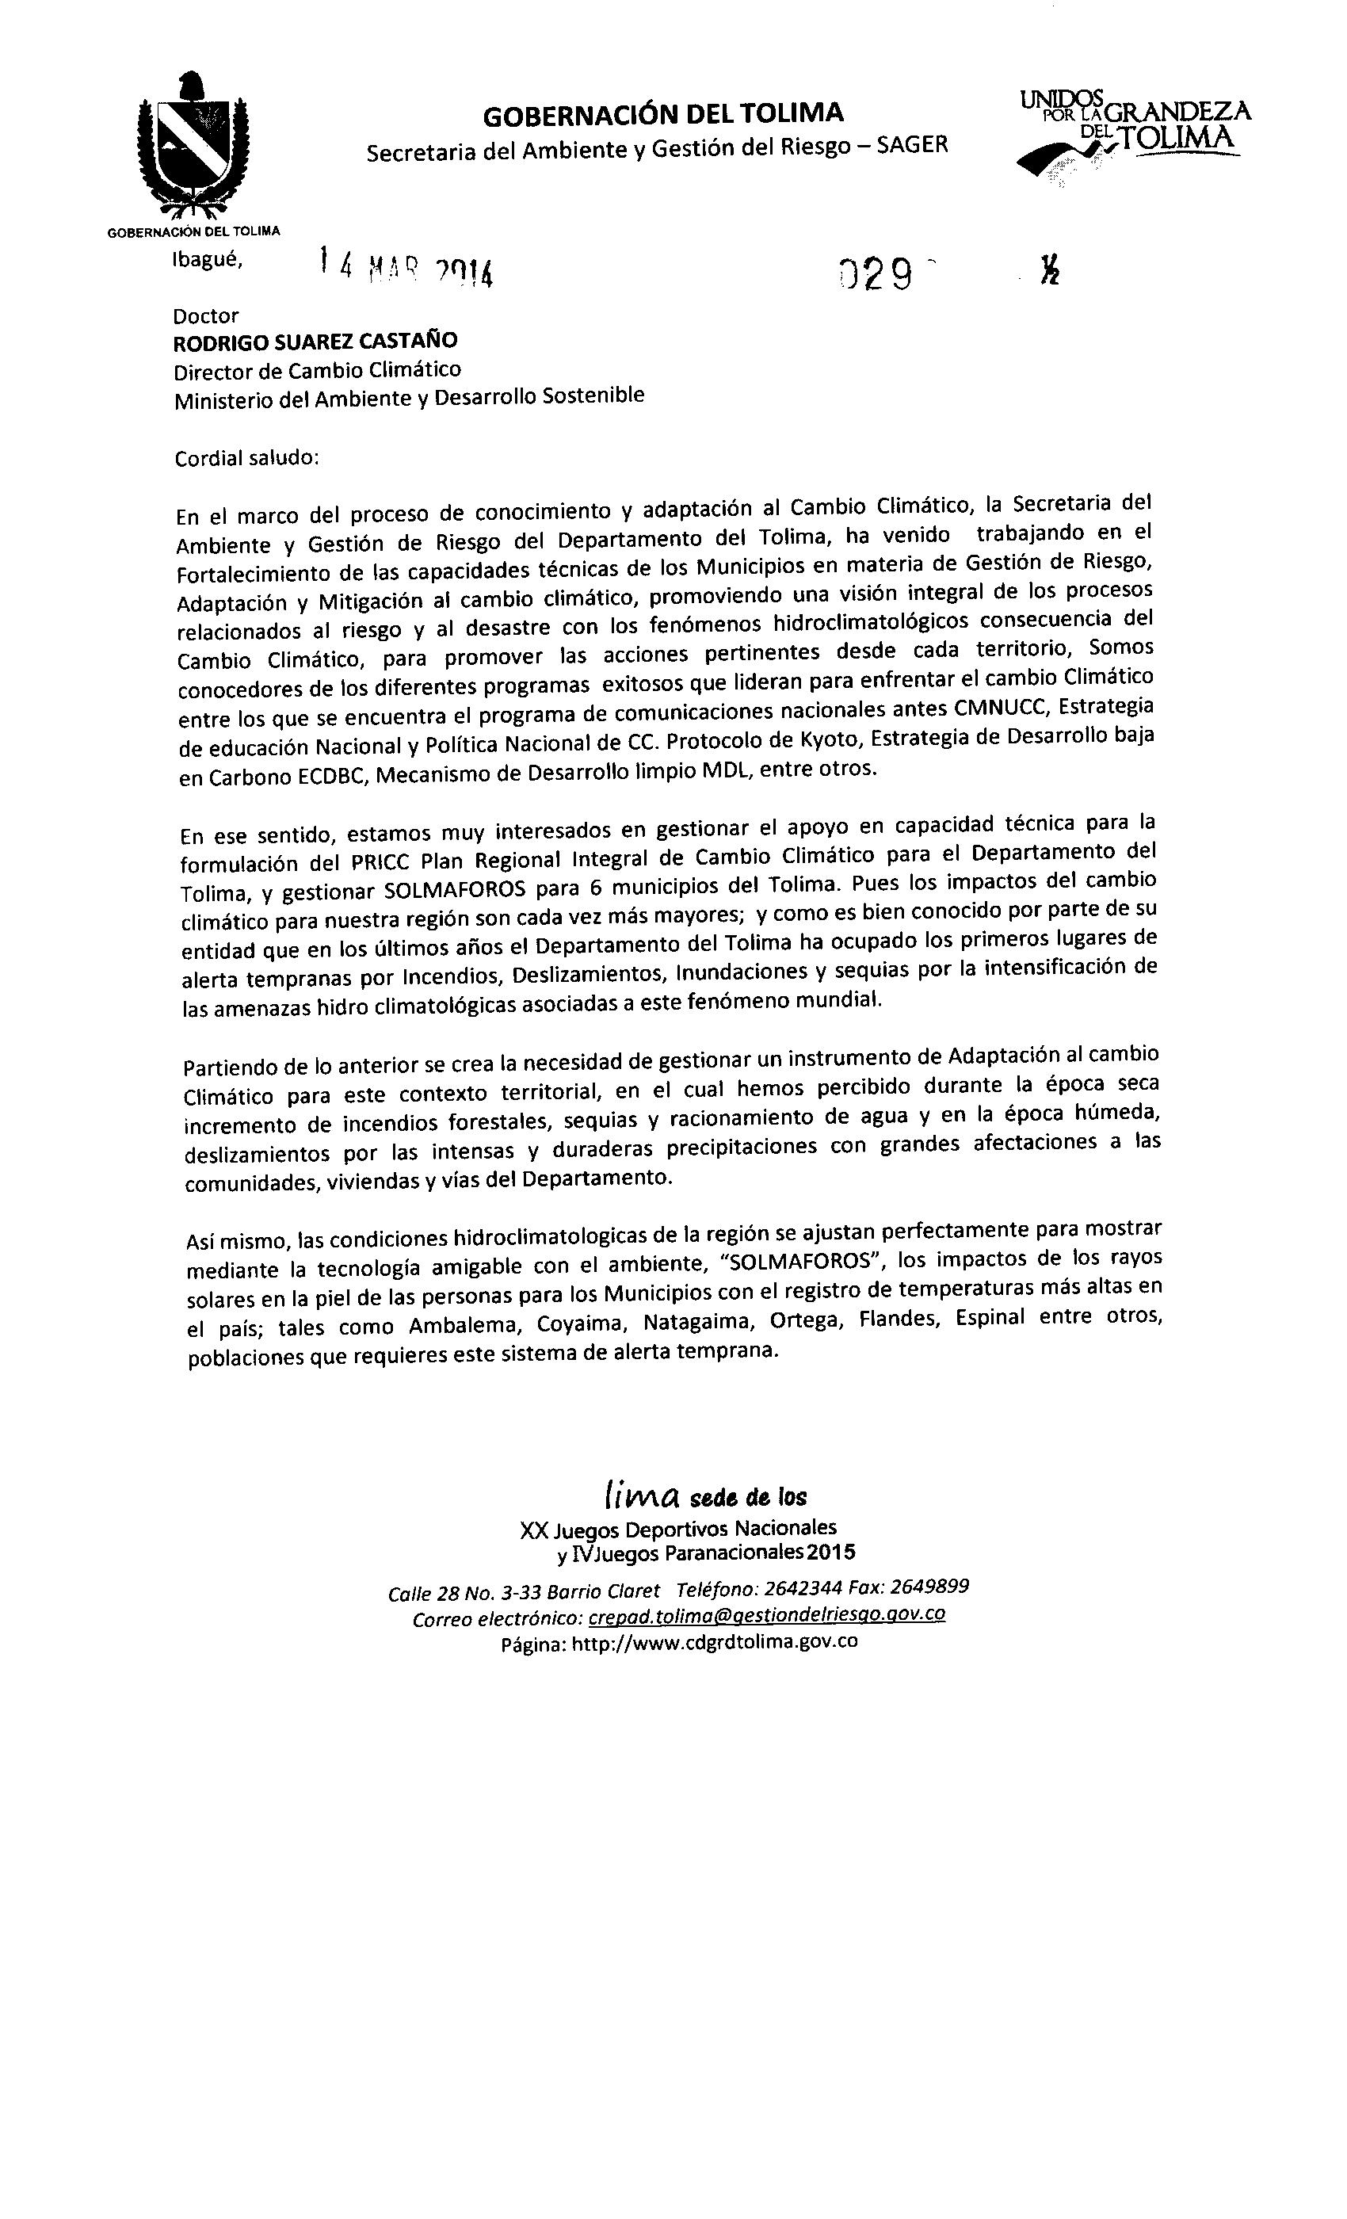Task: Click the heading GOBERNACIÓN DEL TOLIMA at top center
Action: [x=662, y=114]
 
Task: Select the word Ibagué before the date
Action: [x=207, y=259]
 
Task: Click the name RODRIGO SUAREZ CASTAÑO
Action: [x=315, y=342]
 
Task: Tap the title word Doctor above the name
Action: [x=206, y=316]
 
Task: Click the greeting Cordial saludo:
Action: [x=246, y=457]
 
